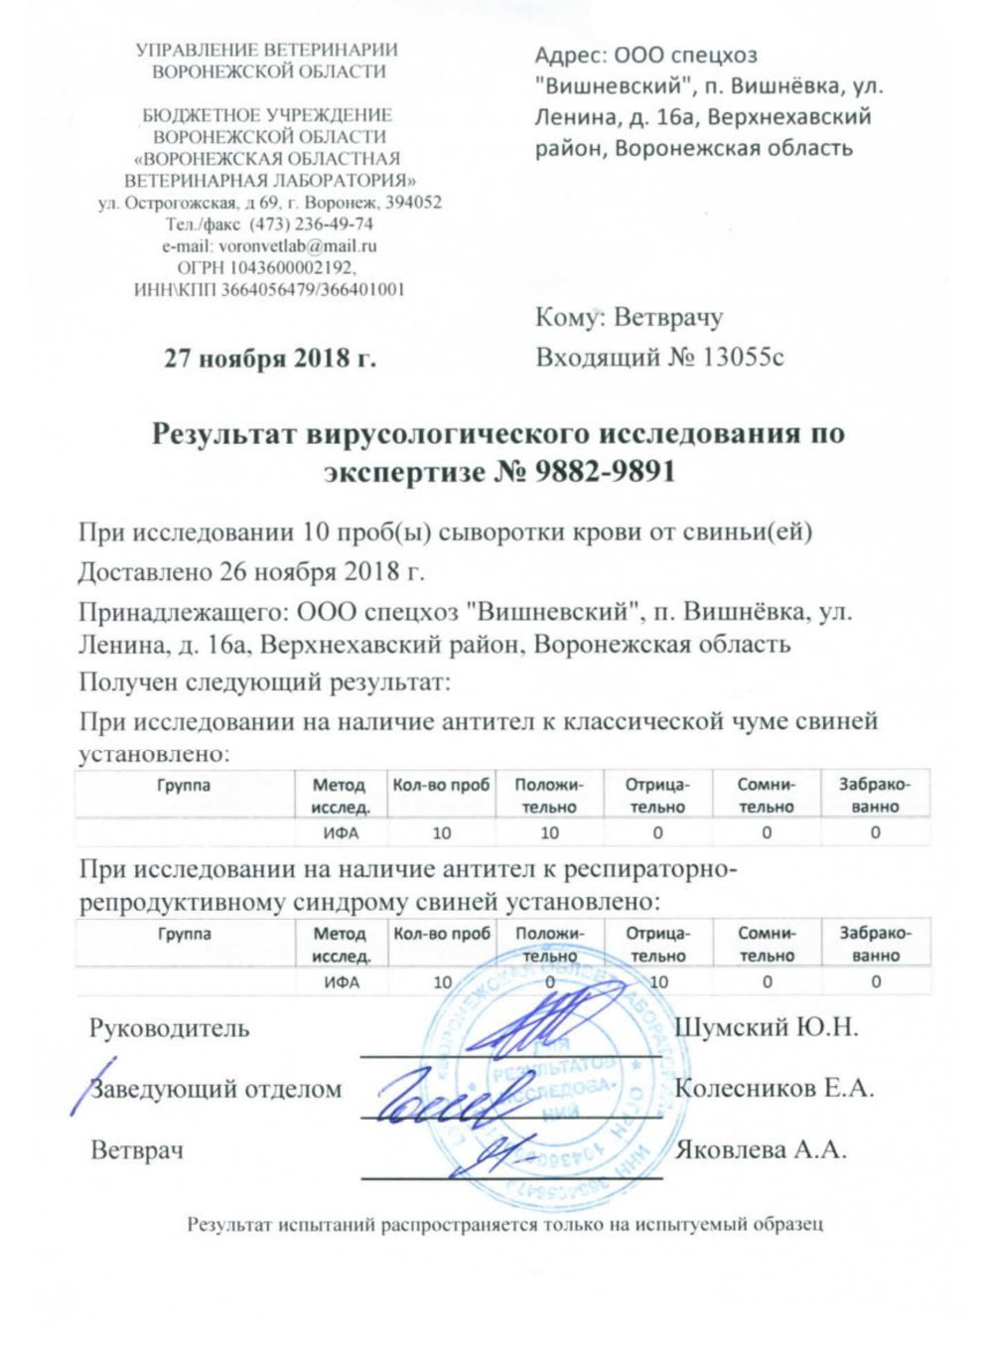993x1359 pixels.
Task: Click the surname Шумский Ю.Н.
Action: coord(766,1026)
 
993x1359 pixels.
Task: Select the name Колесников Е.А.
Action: coord(774,1088)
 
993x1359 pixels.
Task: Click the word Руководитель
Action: coord(170,1027)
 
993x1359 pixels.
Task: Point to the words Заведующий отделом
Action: coord(216,1089)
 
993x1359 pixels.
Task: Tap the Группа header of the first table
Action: coord(184,785)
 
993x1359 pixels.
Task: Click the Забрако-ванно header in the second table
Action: coord(874,944)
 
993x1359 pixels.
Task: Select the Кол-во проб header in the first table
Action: coord(442,785)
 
